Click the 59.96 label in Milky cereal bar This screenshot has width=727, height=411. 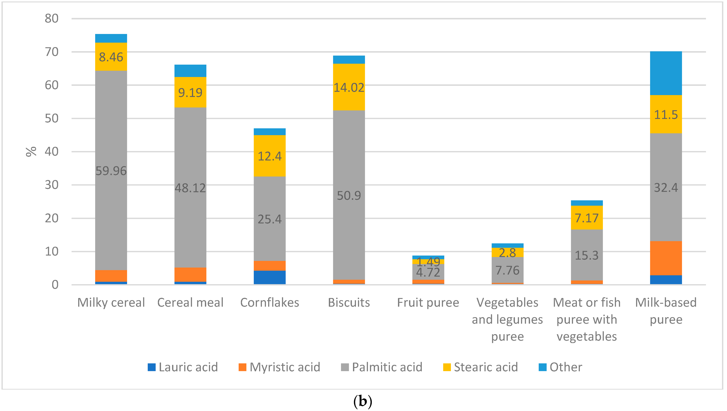111,171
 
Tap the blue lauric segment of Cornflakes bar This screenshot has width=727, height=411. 269,277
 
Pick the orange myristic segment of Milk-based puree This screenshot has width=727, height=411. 666,258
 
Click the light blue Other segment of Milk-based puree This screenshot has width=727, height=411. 666,73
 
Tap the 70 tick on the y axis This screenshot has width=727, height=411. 52,52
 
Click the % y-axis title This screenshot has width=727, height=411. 31,152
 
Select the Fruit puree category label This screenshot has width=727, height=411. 428,303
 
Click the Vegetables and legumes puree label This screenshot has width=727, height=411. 507,319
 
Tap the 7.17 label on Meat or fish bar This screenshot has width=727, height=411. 586,218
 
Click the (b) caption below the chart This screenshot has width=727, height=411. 363,401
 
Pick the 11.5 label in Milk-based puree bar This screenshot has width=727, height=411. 666,115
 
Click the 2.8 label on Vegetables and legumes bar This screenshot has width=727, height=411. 507,253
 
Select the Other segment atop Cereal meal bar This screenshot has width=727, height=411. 190,71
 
